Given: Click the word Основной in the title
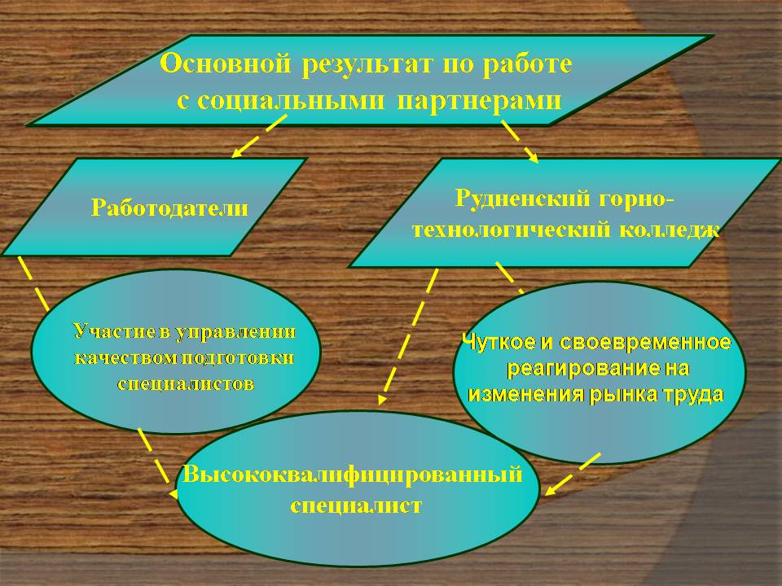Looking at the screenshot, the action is pyautogui.click(x=226, y=63).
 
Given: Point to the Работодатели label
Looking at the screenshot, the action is pyautogui.click(x=169, y=208).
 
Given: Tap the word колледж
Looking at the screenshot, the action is pyautogui.click(x=669, y=230).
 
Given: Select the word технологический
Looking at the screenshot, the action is pyautogui.click(x=512, y=230).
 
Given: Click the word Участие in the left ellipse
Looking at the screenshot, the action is pyautogui.click(x=114, y=331).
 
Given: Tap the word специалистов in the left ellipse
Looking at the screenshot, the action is pyautogui.click(x=186, y=383).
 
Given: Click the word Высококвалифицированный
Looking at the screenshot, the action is pyautogui.click(x=353, y=474).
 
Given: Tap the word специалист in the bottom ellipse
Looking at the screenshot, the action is pyautogui.click(x=356, y=505).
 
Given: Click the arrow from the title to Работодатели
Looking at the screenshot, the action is pyautogui.click(x=259, y=137).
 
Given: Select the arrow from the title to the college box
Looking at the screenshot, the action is pyautogui.click(x=521, y=142).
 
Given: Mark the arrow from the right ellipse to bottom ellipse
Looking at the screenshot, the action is pyautogui.click(x=572, y=474).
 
